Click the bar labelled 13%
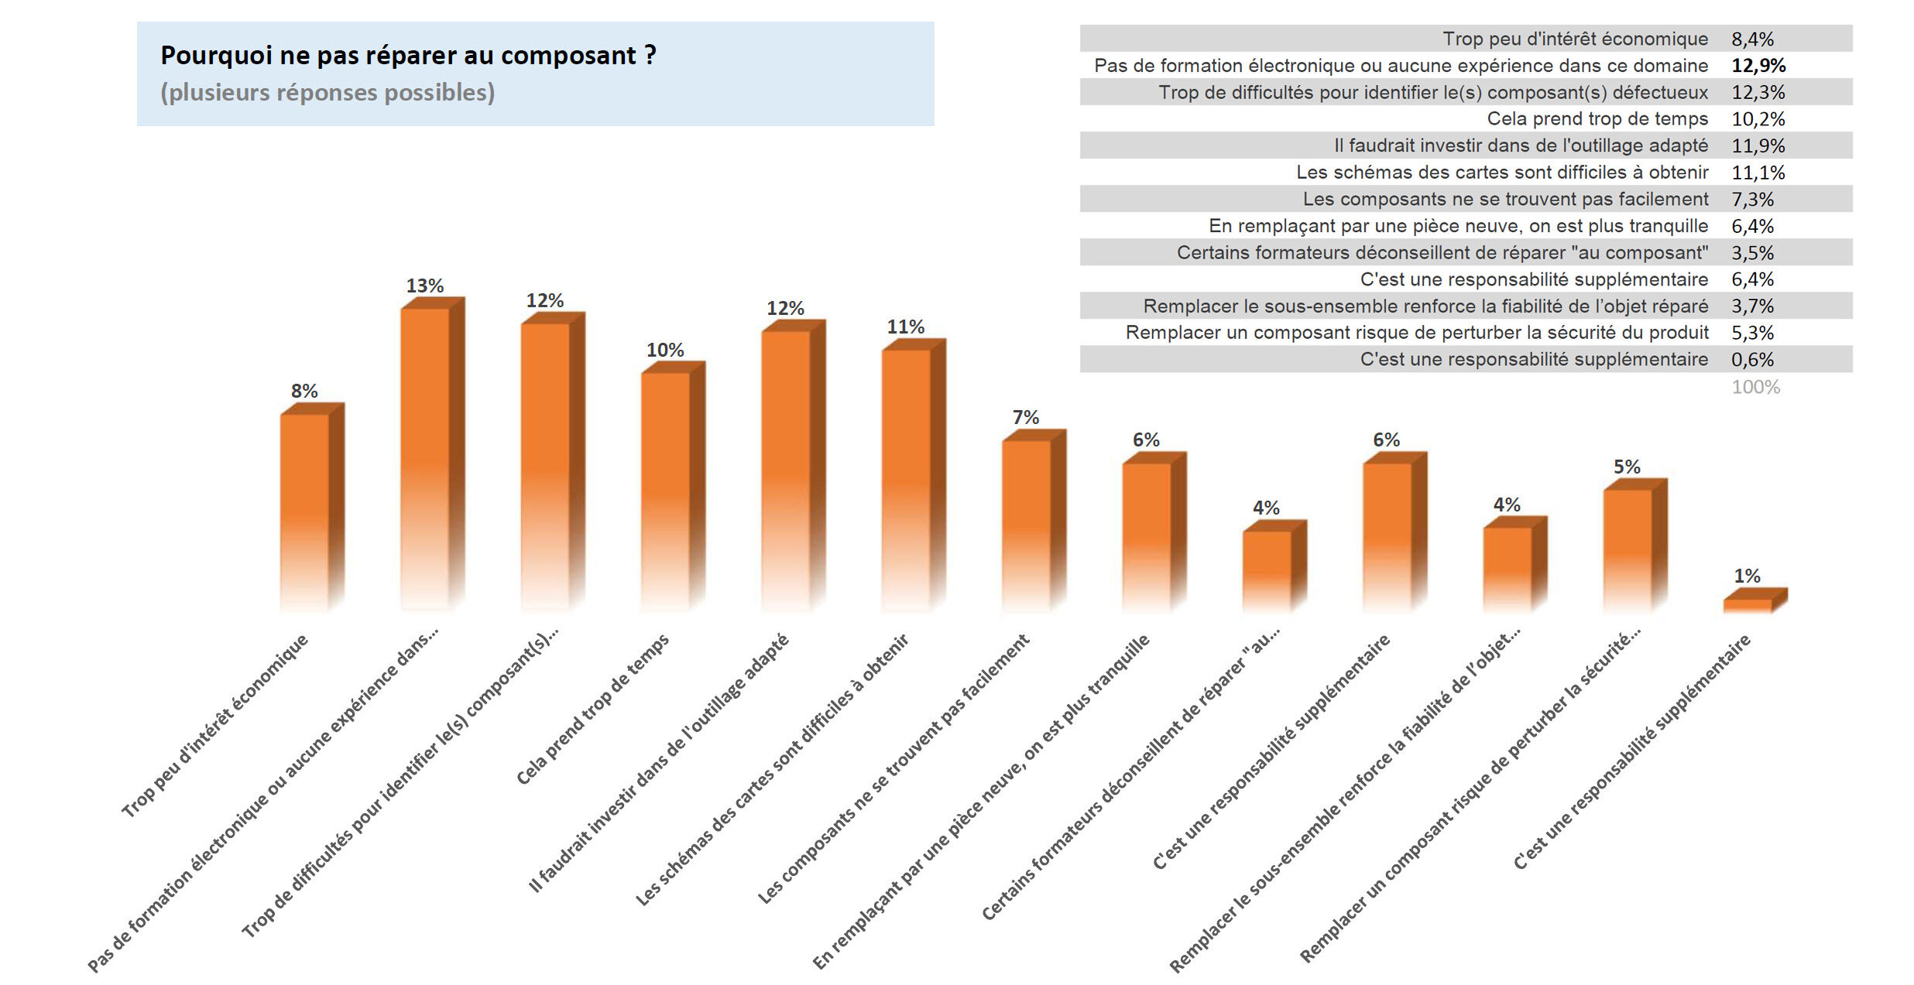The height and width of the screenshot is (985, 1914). [x=425, y=457]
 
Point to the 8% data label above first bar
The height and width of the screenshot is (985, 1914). [x=304, y=391]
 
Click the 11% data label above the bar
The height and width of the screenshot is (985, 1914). [x=905, y=327]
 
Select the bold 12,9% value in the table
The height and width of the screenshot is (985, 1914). [x=1758, y=66]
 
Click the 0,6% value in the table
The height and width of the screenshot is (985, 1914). [x=1752, y=360]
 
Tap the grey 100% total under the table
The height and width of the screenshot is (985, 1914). [x=1755, y=387]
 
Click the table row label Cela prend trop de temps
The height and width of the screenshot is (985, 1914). [x=1597, y=119]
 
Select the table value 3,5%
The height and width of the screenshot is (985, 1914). [x=1752, y=253]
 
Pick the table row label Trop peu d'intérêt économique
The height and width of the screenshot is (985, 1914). [x=1575, y=39]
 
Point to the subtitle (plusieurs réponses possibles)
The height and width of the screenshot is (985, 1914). [x=328, y=93]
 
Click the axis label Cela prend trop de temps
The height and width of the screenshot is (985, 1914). [x=592, y=709]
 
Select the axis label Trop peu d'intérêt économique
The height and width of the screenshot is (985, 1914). [x=214, y=725]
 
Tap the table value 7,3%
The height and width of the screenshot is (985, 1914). [x=1752, y=200]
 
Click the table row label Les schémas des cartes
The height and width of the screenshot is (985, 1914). [x=1502, y=173]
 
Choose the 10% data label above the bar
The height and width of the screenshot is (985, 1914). [x=665, y=350]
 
